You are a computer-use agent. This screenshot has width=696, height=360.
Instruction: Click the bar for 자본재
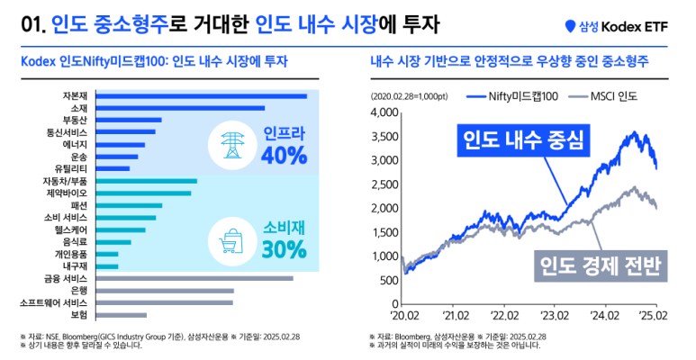pos(200,95)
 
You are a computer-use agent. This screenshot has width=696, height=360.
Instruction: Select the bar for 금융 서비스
pos(194,278)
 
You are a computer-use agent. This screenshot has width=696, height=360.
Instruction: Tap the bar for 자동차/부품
pos(145,181)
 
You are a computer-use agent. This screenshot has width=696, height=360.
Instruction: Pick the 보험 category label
pos(79,315)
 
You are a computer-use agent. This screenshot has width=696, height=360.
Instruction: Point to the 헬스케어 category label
pos(71,229)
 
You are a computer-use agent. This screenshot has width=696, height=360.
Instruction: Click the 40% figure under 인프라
pos(284,156)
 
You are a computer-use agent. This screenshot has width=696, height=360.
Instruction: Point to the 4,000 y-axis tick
pos(384,112)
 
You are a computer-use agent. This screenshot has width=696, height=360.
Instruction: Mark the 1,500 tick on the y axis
pos(384,232)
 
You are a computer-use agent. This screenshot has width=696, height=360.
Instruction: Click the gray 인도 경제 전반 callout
pos(598,265)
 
